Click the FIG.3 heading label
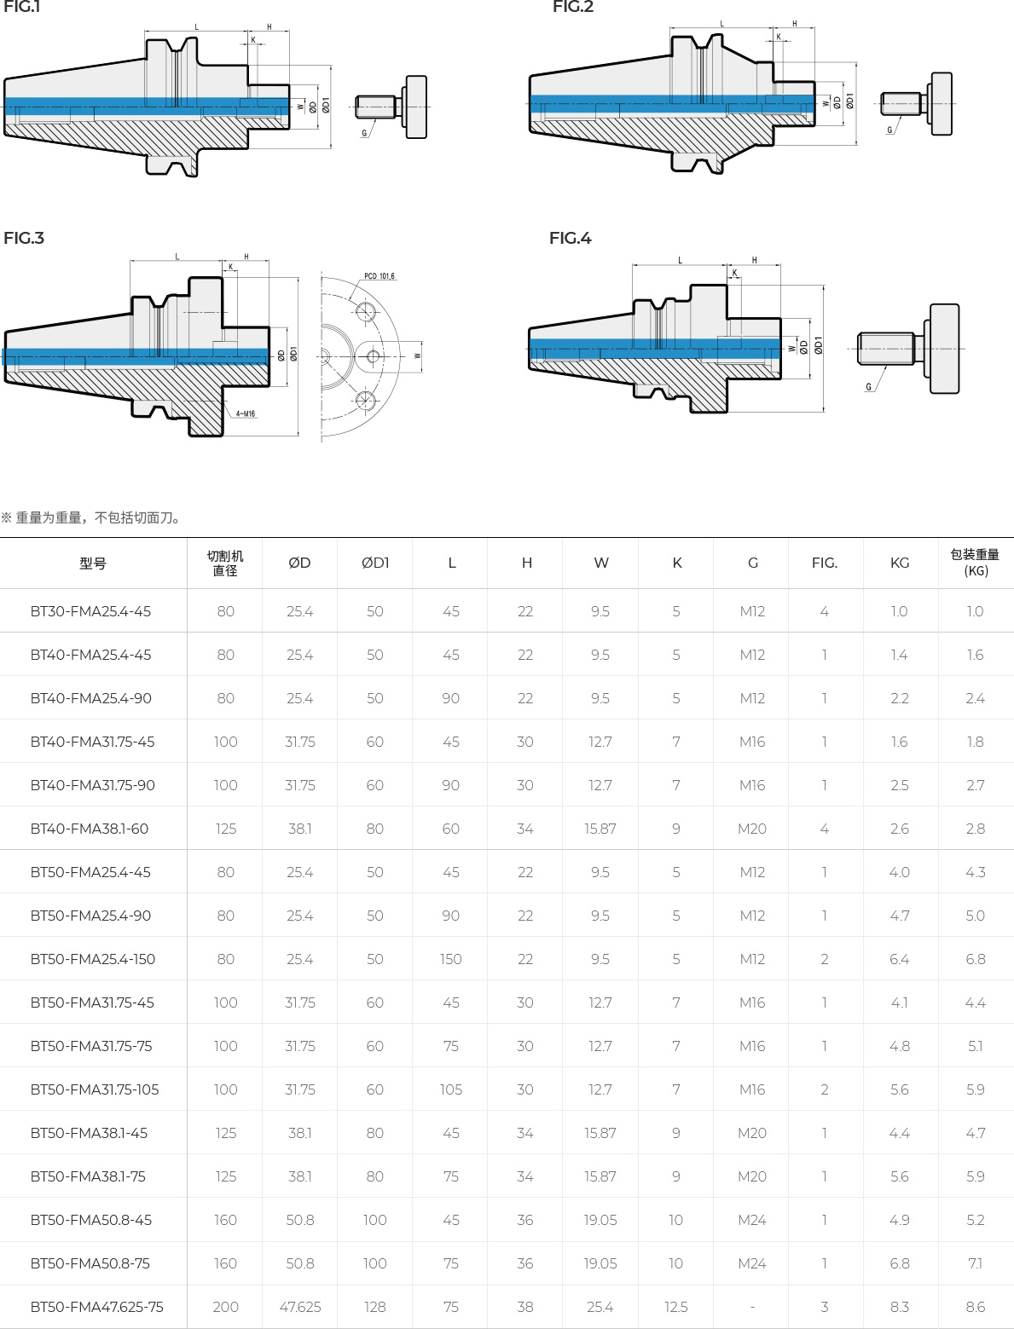[24, 238]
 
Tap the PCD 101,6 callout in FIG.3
[380, 276]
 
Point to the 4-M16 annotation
[245, 414]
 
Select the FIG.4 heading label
[570, 238]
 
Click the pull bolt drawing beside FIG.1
[391, 107]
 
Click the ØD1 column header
[375, 563]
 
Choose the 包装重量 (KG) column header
[975, 563]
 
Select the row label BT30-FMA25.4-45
[90, 611]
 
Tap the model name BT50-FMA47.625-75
[96, 1307]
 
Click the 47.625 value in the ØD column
[300, 1307]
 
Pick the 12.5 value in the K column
[676, 1307]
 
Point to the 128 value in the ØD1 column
[375, 1307]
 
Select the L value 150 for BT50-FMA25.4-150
[451, 959]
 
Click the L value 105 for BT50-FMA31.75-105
[451, 1089]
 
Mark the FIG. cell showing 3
[825, 1307]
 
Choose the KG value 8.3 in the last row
[900, 1307]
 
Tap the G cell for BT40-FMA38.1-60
[752, 829]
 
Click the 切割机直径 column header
[225, 563]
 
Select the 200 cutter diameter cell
[225, 1307]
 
